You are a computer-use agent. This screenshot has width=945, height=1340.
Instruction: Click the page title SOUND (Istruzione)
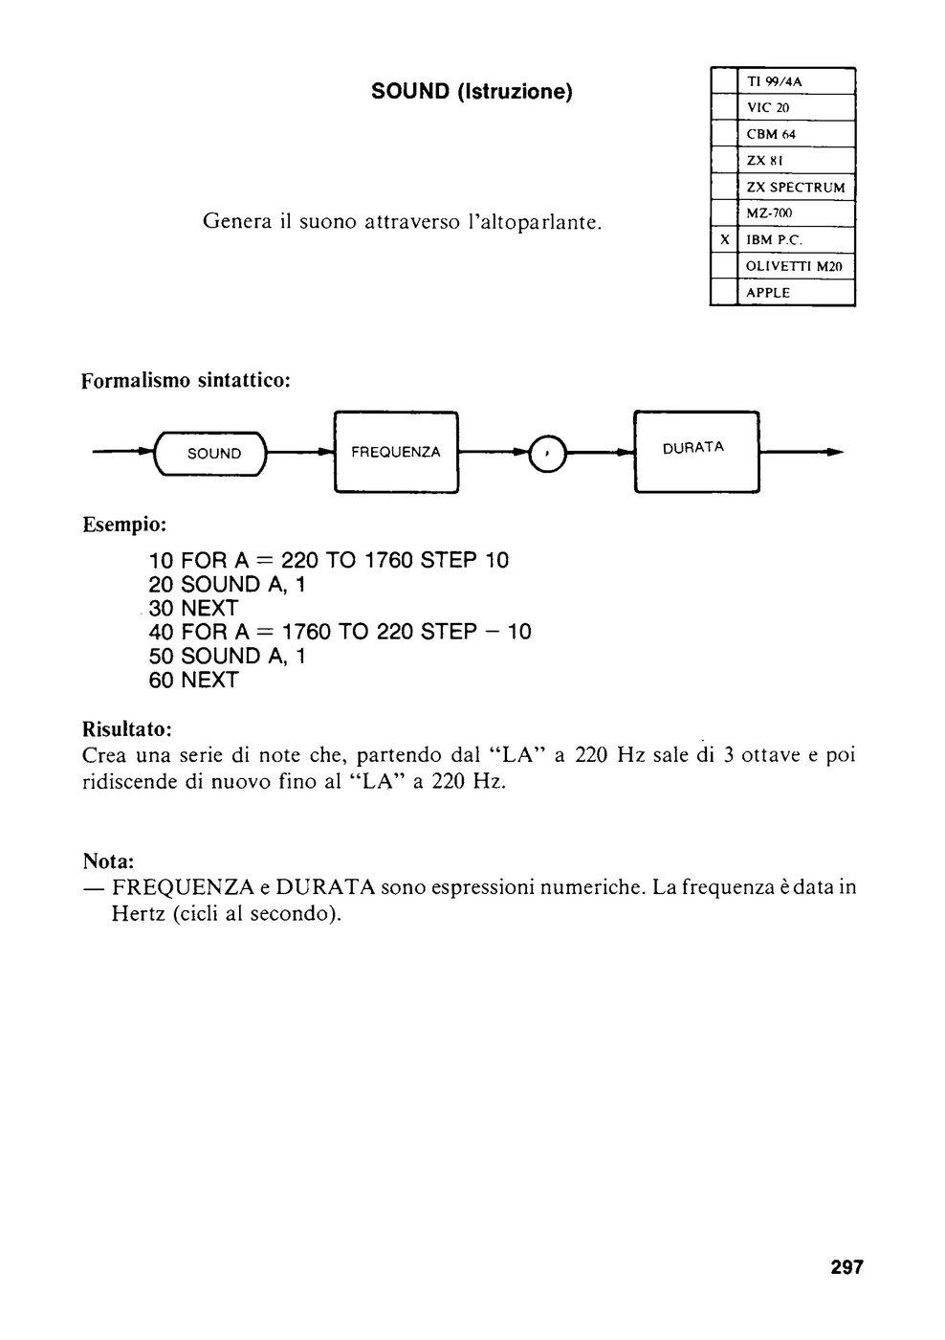(x=472, y=92)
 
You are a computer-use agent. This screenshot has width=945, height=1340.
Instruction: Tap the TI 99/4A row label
(x=774, y=81)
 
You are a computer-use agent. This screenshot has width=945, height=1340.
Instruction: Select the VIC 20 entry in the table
(x=767, y=107)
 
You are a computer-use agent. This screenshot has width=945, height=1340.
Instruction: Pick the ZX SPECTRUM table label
(x=796, y=188)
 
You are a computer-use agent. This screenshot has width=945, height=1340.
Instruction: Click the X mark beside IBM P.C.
(x=724, y=240)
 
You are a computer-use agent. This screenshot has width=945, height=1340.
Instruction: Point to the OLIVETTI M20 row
(x=794, y=267)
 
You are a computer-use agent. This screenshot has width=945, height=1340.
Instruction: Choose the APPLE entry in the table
(x=768, y=293)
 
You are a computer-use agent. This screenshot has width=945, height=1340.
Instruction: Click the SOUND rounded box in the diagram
(x=211, y=454)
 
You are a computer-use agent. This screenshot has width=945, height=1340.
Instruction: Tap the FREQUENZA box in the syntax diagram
(x=396, y=452)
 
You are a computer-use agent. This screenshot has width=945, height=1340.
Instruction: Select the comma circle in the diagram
(x=547, y=453)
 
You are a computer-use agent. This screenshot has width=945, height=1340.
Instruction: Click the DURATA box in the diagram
(x=696, y=452)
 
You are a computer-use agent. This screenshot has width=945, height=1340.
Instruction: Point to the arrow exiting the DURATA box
(x=801, y=452)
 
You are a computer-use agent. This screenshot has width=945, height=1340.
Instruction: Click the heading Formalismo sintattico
(x=186, y=381)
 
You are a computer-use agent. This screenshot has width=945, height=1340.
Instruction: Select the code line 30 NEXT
(x=193, y=609)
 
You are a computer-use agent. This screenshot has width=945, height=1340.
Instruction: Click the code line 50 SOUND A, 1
(x=227, y=657)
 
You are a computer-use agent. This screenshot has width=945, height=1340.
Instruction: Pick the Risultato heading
(x=127, y=729)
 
